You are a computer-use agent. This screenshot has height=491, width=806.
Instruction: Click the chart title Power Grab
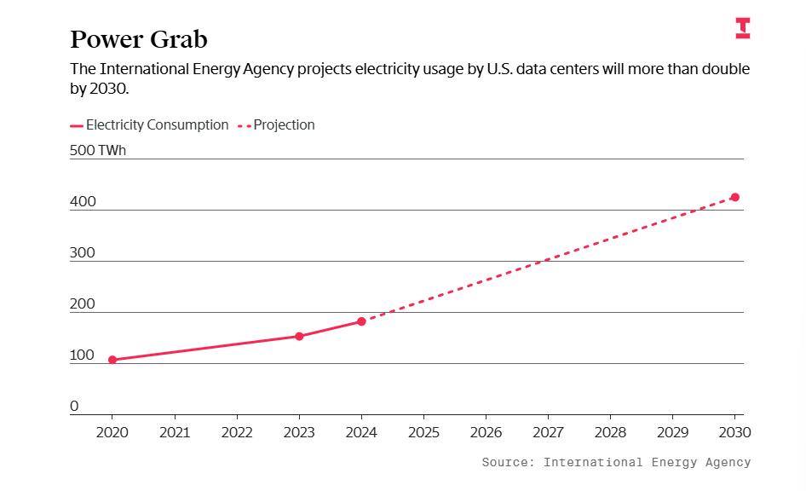[138, 39]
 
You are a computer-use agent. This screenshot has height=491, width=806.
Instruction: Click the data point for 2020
[112, 360]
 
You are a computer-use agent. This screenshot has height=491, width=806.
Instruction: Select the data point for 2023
[299, 336]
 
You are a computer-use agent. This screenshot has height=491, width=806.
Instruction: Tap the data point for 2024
[361, 321]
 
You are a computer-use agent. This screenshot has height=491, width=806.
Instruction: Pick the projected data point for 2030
[735, 197]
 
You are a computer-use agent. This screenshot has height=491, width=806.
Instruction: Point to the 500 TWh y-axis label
[97, 150]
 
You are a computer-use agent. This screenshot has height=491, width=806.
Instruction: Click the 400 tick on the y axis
[83, 202]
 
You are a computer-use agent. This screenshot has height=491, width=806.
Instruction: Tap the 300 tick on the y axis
[83, 252]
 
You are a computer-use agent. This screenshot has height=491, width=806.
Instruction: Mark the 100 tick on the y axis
[82, 355]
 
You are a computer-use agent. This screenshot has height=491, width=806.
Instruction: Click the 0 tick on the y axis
[74, 406]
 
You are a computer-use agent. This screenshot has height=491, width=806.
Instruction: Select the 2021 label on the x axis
[175, 432]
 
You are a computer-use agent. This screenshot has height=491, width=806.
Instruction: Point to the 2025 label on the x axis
[423, 432]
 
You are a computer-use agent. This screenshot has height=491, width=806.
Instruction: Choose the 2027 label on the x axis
[548, 432]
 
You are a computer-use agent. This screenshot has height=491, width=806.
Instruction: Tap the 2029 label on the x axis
[673, 432]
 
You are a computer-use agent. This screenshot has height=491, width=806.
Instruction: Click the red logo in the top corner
[743, 28]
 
